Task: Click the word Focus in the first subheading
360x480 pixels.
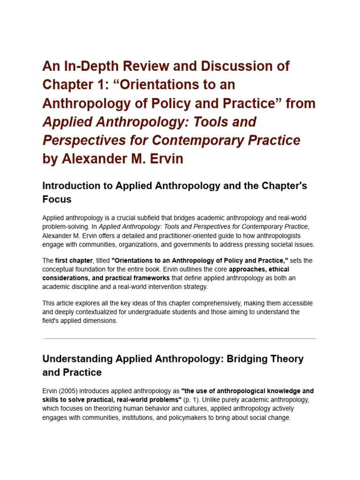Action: (x=57, y=199)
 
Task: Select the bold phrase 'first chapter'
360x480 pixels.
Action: (x=73, y=261)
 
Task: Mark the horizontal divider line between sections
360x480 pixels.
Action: (x=180, y=338)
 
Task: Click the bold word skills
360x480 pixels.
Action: (x=52, y=399)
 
